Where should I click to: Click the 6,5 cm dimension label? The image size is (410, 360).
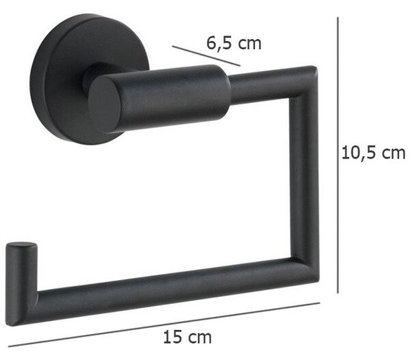tap(234, 44)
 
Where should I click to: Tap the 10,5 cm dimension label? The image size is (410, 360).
tap(373, 153)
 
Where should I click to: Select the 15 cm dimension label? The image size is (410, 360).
tap(187, 337)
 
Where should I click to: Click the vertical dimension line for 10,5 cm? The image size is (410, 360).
tap(338, 155)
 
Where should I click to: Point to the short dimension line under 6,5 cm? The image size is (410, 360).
tap(206, 56)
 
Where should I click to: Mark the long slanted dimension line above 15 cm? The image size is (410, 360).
tap(164, 324)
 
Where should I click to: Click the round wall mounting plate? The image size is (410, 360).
tap(89, 79)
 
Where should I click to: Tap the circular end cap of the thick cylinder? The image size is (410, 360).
tap(105, 105)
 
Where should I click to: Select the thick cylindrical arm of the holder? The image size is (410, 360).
tap(159, 98)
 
